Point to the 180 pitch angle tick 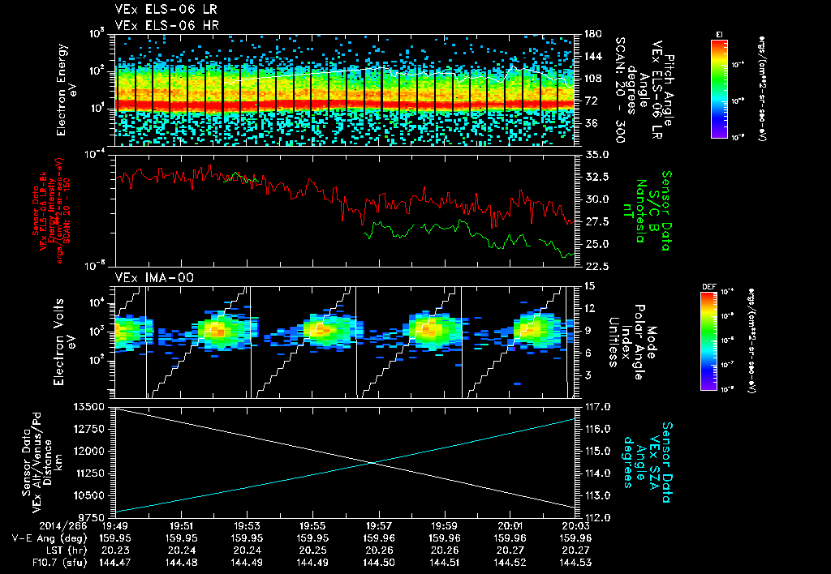[x=592, y=34]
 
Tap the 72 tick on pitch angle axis [x=590, y=101]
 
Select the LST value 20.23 [x=115, y=550]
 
